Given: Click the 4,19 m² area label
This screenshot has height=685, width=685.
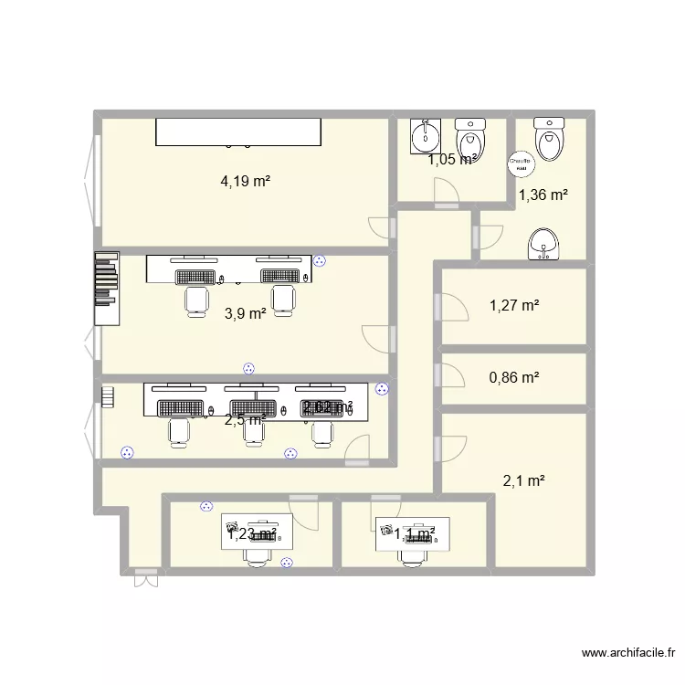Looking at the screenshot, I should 245,181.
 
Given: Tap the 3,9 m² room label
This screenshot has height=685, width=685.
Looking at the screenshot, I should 245,313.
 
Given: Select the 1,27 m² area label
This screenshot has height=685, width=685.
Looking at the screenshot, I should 514,306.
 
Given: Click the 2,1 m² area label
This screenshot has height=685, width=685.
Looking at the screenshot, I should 523,480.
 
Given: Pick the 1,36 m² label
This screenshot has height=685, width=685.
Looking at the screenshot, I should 543,194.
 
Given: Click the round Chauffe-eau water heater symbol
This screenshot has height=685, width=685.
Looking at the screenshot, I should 520,163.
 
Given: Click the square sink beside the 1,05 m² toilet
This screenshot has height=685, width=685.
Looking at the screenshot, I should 426,135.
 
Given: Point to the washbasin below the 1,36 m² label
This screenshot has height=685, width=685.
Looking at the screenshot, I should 544,245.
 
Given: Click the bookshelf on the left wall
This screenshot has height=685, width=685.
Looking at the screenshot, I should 106,289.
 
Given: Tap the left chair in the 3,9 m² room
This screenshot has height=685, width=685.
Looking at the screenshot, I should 196,299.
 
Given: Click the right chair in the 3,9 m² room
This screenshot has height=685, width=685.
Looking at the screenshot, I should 284,299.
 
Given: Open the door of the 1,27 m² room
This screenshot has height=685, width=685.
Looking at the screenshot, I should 451,306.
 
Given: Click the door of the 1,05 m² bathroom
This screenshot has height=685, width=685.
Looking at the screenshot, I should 448,193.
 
